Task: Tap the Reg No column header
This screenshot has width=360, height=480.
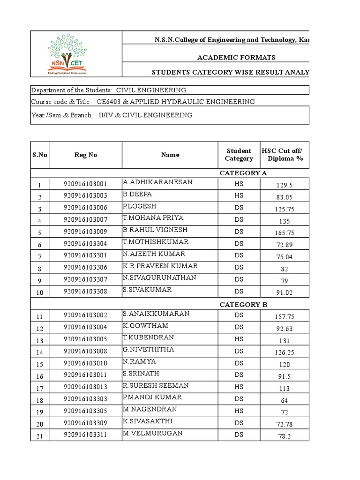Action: [85, 155]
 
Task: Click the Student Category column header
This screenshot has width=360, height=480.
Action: [239, 155]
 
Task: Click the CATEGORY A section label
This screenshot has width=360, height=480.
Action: [243, 173]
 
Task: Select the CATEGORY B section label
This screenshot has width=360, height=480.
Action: [243, 305]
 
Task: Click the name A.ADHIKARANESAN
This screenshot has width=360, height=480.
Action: [157, 182]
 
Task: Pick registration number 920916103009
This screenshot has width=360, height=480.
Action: [85, 231]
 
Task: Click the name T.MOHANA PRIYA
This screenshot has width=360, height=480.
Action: [153, 218]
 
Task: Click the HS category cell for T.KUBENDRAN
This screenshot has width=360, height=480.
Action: [239, 339]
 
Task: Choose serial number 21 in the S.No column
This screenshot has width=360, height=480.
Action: [40, 435]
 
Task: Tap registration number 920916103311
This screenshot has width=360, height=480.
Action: [85, 435]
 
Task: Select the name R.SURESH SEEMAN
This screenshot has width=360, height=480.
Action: [156, 385]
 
